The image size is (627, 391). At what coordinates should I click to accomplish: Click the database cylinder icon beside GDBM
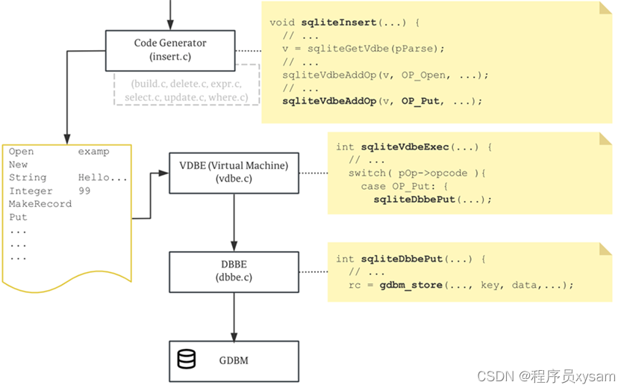click(187, 359)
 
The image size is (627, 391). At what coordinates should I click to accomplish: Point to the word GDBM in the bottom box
click(234, 360)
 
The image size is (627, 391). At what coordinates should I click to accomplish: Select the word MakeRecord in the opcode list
click(40, 204)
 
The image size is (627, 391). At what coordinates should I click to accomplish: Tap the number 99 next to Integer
click(84, 191)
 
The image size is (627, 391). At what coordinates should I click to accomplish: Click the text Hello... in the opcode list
click(103, 177)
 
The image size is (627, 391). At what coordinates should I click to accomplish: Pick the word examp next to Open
click(93, 152)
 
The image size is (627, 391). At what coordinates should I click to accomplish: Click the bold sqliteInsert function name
click(339, 22)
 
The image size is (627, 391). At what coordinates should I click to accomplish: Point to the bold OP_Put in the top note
click(420, 101)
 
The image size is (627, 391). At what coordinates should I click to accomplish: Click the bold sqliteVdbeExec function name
click(405, 147)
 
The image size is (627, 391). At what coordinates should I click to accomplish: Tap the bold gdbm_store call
click(411, 285)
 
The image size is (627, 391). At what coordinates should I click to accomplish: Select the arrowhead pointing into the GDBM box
click(234, 337)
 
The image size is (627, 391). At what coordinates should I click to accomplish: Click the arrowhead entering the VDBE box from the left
click(164, 173)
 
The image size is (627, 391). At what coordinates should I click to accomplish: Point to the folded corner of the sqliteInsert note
click(605, 7)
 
